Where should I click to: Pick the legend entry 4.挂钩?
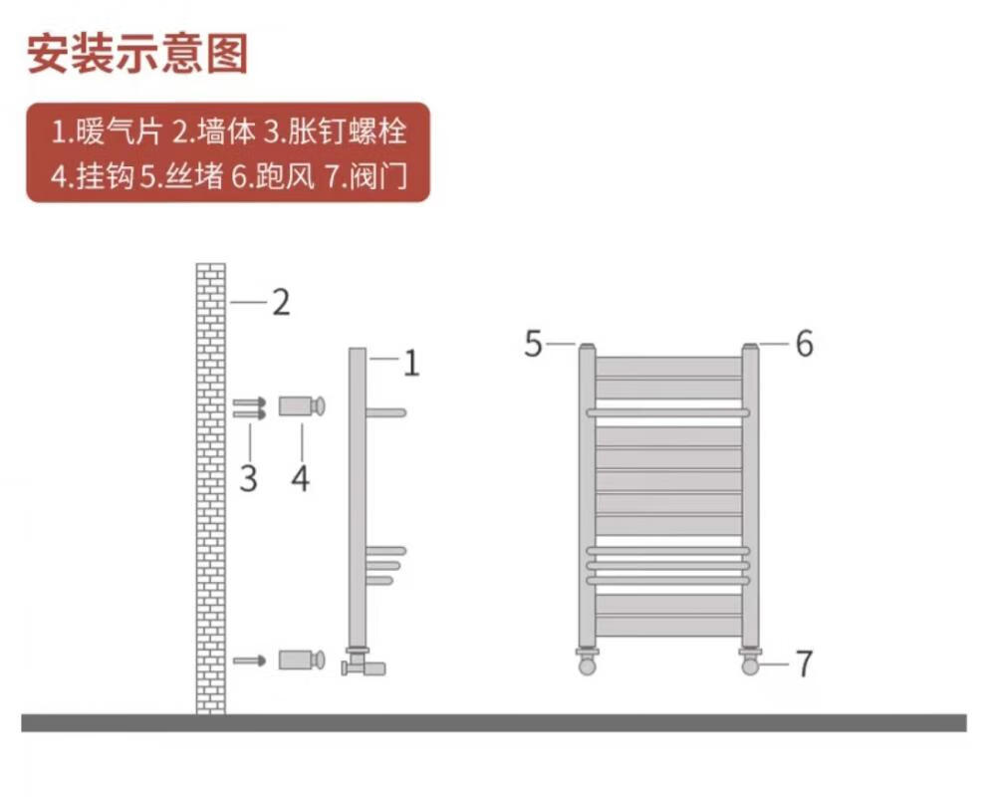tap(92, 177)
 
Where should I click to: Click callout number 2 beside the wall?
tap(281, 302)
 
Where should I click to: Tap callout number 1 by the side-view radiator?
tap(410, 364)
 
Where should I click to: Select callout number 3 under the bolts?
tap(248, 478)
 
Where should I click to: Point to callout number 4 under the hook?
tap(300, 478)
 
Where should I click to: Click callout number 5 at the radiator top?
tap(534, 345)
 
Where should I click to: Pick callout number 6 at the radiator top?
tap(804, 345)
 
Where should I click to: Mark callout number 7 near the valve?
tap(804, 663)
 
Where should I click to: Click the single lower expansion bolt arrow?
tap(248, 660)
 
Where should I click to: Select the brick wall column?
tap(210, 488)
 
